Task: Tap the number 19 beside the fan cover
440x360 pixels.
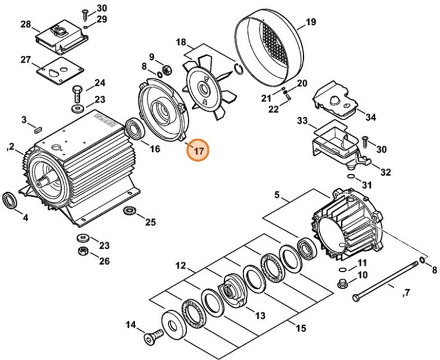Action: (x=310, y=24)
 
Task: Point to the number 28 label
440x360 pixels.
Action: (x=25, y=24)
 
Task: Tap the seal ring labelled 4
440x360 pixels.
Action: (x=10, y=199)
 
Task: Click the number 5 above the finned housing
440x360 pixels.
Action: (x=276, y=195)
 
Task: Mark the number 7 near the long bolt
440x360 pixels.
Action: (x=407, y=293)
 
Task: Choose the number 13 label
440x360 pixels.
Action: (x=260, y=315)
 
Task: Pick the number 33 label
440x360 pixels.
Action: (x=302, y=121)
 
